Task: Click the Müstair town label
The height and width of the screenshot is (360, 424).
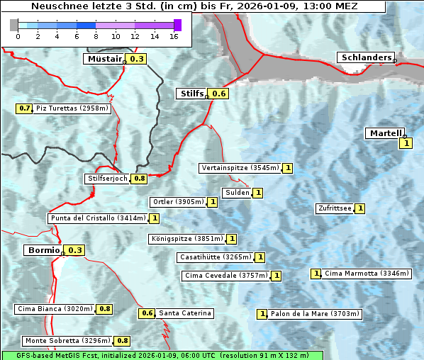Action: (104, 59)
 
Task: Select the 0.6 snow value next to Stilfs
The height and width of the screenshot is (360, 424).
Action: (219, 94)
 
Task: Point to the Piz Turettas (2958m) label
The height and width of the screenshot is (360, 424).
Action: (72, 108)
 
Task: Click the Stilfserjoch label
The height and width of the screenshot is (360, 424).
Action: (107, 179)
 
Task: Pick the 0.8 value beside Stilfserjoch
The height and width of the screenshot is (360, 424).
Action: (139, 179)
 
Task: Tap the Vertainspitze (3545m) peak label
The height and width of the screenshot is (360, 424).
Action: (240, 168)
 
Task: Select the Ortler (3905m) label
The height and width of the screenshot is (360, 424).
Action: (178, 202)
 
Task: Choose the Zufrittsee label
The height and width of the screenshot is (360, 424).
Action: (335, 208)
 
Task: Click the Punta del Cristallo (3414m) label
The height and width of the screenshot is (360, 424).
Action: (99, 218)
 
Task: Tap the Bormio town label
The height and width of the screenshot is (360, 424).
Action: (43, 250)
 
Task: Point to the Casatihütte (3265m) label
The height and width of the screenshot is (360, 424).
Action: (216, 257)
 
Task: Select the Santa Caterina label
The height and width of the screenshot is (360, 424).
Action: (184, 313)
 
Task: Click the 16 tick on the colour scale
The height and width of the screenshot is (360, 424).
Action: (174, 36)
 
